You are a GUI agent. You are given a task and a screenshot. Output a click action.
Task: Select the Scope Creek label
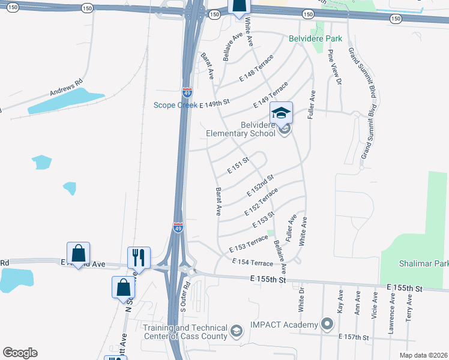point(175,105)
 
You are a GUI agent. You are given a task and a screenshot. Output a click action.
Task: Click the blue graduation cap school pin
point(280,112)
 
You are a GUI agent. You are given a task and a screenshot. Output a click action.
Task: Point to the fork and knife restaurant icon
point(139,257)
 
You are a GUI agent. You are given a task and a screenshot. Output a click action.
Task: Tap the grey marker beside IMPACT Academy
point(327,325)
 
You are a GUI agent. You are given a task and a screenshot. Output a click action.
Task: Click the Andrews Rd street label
point(65,88)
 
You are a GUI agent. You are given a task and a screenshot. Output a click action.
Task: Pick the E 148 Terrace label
point(256,68)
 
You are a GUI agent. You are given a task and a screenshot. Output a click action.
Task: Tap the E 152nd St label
point(260,185)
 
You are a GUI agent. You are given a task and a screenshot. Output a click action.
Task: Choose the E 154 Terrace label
point(253,262)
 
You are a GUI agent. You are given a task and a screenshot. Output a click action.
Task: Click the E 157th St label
point(354,337)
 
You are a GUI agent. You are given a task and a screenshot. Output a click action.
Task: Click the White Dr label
point(302,302)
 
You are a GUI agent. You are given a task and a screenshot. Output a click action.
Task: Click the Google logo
point(20,353)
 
